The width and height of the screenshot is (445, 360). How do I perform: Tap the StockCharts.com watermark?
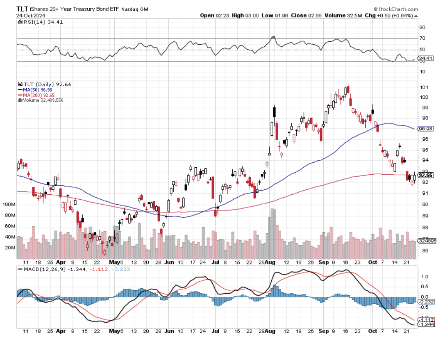pyautogui.click(x=396, y=9)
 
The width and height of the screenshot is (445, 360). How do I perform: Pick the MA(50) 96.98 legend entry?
pyautogui.click(x=35, y=89)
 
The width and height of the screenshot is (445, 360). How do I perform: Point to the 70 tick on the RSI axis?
pyautogui.click(x=422, y=39)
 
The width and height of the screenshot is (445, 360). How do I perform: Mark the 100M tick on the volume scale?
pyautogui.click(x=9, y=205)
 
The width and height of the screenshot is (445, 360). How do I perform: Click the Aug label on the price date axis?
pyautogui.click(x=270, y=262)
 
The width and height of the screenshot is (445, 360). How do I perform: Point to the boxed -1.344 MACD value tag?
pyautogui.click(x=425, y=324)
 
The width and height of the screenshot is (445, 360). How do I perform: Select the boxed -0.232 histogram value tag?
pyautogui.click(x=425, y=302)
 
